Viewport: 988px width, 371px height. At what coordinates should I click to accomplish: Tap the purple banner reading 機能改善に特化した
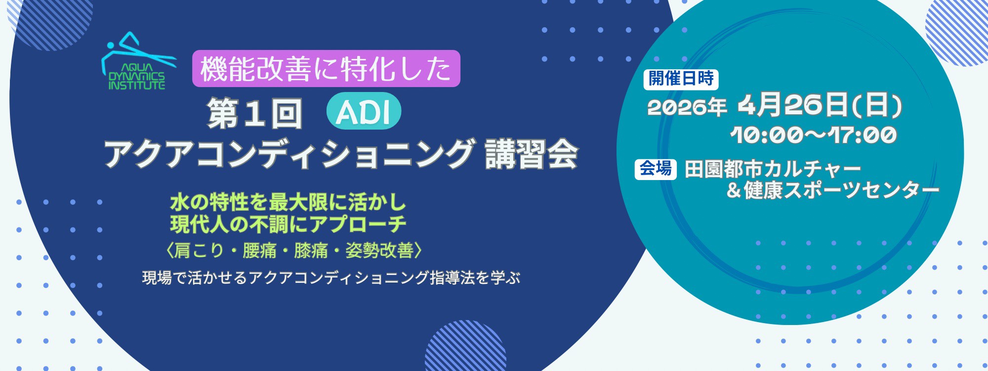(326, 69)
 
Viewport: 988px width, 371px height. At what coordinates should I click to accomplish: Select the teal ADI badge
(364, 111)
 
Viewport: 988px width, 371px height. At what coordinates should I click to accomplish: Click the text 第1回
(254, 113)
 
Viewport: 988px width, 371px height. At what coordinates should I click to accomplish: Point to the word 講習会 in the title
(531, 154)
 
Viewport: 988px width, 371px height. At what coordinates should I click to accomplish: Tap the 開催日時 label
(681, 79)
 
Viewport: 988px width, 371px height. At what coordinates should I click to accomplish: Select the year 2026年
(687, 107)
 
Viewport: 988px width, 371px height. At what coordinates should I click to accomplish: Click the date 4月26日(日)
(820, 105)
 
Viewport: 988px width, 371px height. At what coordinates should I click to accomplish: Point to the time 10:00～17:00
(814, 135)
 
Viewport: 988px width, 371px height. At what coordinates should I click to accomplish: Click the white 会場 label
(656, 169)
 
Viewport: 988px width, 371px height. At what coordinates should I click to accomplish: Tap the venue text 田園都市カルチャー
(773, 169)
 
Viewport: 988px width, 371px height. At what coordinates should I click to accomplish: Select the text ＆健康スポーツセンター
(832, 190)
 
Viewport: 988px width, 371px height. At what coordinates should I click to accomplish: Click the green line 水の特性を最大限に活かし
(288, 202)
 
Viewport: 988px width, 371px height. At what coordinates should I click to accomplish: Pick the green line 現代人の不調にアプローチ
(288, 225)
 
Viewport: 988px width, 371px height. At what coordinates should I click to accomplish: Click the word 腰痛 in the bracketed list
(259, 251)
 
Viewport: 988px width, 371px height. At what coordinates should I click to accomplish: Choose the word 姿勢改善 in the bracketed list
(379, 251)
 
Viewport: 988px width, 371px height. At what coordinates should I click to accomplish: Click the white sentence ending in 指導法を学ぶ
(331, 278)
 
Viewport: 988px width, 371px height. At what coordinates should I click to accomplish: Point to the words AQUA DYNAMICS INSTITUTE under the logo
(137, 77)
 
